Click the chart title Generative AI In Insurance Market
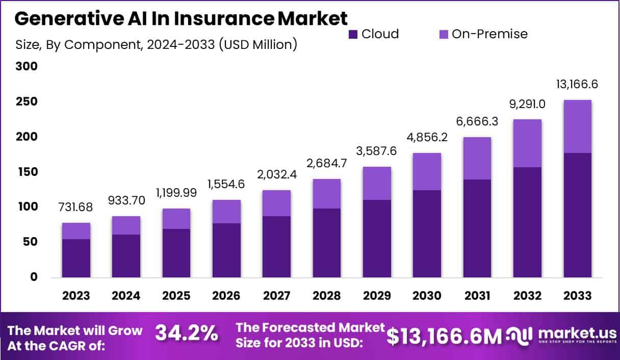pos(181,18)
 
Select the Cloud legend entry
pos(374,34)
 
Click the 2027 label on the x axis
pos(276,296)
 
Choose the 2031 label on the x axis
pos(477,296)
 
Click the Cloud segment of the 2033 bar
pos(578,215)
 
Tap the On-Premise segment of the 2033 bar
pos(578,126)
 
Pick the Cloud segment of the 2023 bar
pos(75,258)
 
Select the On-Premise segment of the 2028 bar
pos(327,194)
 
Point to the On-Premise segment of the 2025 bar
pos(176,219)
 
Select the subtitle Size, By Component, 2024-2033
pos(156,44)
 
